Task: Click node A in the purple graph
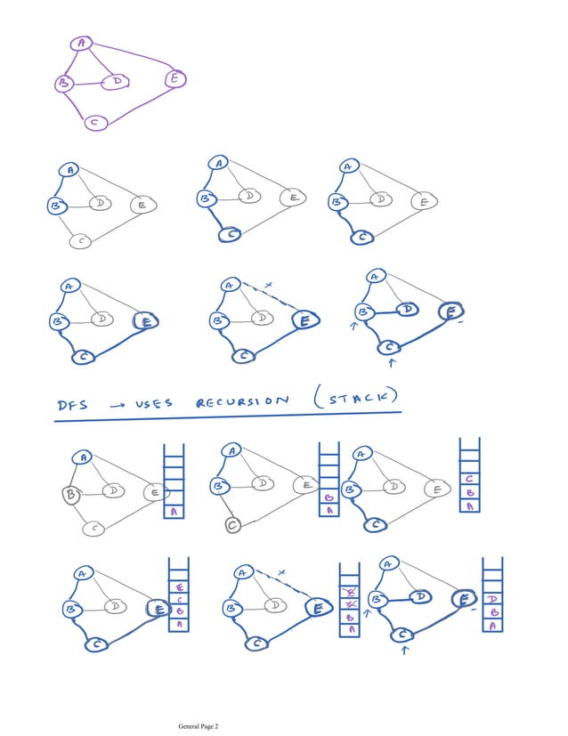coord(82,43)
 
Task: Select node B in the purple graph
coord(64,83)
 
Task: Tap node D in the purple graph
coord(117,82)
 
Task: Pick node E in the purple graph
coord(175,79)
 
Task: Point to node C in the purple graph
coord(96,123)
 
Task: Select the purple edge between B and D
coord(89,84)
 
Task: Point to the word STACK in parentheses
coord(354,396)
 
